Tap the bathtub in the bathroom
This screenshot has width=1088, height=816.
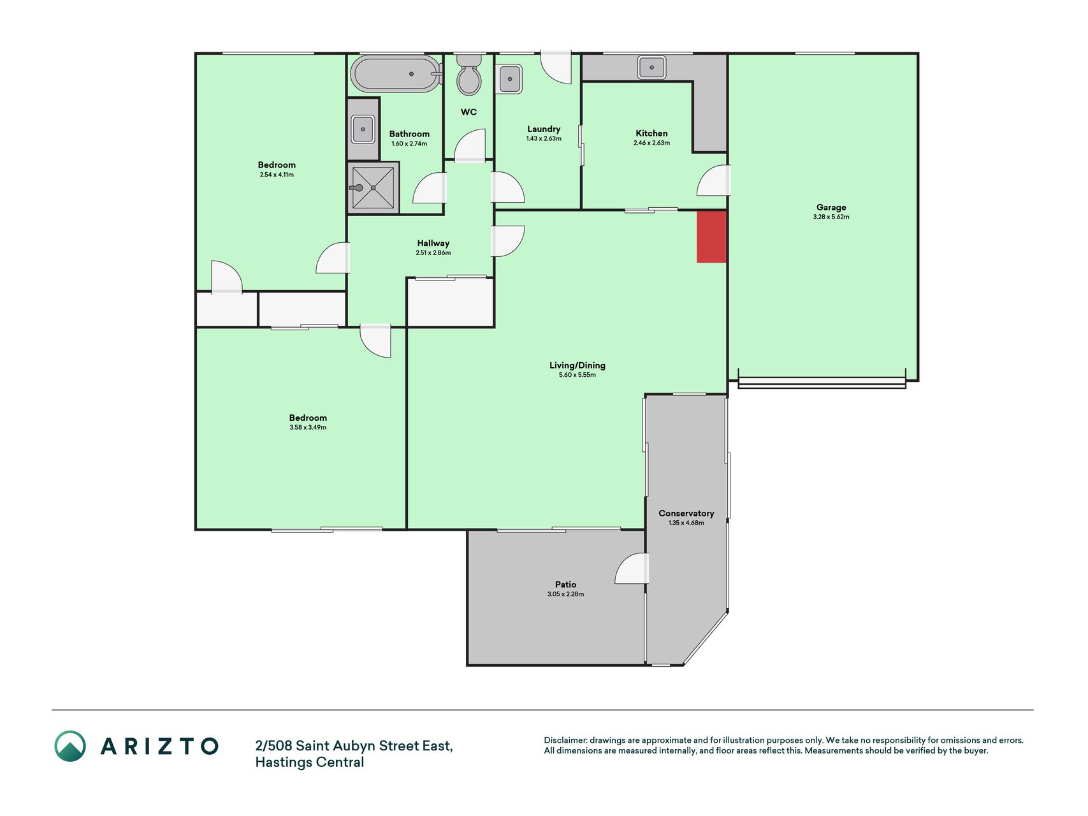[396, 74]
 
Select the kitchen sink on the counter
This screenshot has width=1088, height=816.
[651, 67]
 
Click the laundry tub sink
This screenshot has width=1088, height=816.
[509, 78]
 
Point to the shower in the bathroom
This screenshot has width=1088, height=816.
[373, 187]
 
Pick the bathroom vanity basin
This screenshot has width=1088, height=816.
[363, 129]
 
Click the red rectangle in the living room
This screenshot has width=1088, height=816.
[711, 237]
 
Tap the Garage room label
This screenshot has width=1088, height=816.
[831, 207]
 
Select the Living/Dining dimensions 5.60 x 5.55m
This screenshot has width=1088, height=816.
[577, 375]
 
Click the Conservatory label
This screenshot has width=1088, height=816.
[686, 513]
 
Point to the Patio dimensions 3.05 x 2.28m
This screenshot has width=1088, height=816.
[565, 594]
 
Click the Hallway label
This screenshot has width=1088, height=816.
[433, 243]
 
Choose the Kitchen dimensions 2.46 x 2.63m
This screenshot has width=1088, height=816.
[651, 143]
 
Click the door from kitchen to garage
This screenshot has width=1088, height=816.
[714, 180]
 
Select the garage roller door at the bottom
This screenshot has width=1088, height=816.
[822, 382]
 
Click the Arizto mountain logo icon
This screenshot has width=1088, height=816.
[70, 746]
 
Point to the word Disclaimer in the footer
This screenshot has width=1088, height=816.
[565, 740]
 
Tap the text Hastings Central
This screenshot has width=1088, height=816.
[310, 762]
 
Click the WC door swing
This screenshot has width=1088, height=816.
[470, 145]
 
